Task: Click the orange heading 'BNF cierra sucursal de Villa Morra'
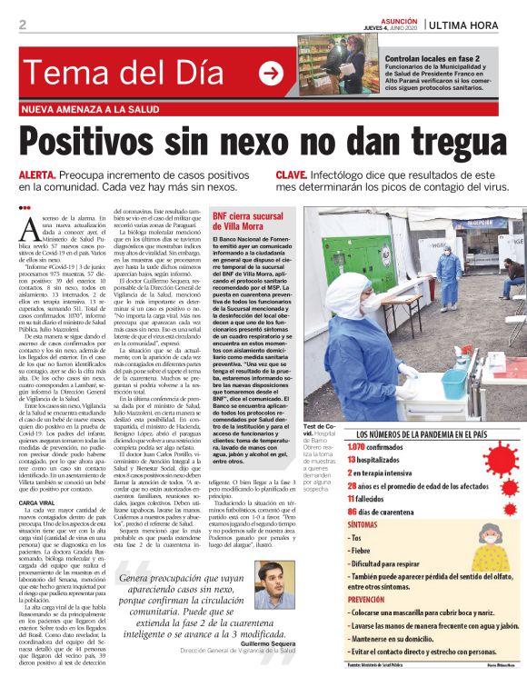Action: (x=250, y=221)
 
